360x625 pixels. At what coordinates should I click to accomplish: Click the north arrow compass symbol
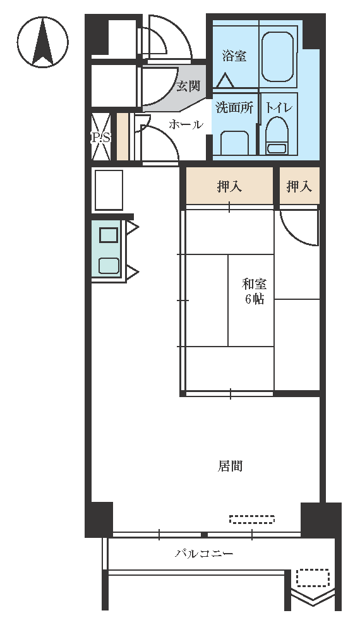point(43,42)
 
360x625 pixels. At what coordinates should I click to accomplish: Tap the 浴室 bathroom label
point(234,56)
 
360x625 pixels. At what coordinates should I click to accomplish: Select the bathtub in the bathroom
point(278,57)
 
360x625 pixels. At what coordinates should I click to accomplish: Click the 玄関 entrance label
point(188,86)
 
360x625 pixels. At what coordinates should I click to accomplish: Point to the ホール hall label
point(186,124)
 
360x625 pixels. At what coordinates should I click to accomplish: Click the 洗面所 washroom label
point(234,107)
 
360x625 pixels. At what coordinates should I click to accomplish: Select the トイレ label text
point(279,107)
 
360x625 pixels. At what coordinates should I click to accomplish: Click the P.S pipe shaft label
point(100,138)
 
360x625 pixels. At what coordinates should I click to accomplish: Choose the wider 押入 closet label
point(229,186)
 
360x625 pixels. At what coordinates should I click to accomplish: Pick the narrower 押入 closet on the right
point(299,186)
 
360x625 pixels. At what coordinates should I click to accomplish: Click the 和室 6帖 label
point(255,292)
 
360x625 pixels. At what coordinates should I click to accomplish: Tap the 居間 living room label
point(230,465)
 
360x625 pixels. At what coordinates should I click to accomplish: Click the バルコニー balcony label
point(204,554)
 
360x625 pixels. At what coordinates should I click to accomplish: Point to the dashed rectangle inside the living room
point(252,519)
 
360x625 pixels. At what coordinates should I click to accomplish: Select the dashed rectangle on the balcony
point(313,578)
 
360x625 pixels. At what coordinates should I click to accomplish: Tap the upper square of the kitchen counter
point(109,235)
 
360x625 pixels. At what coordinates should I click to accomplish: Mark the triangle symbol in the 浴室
point(225,81)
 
